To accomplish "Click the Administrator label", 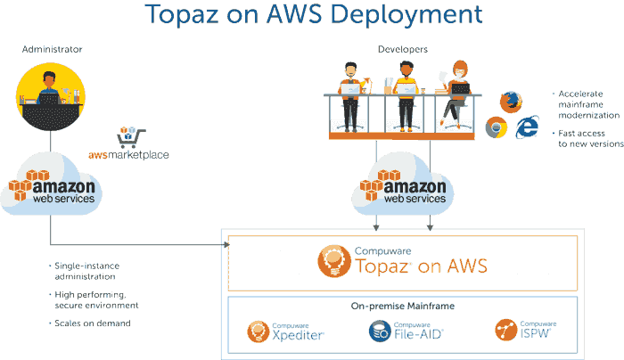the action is [52, 49].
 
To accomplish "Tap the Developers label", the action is [403, 49].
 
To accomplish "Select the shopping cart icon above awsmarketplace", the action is [131, 137].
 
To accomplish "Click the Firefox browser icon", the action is [511, 102].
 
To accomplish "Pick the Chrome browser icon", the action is [497, 127].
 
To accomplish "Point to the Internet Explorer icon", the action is [528, 127].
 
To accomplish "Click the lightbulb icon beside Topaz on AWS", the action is [334, 261].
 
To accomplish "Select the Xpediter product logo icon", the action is [259, 331].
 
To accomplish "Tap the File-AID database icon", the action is [380, 331].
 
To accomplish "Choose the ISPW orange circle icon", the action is [506, 330].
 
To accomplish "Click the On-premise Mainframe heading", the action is [403, 306].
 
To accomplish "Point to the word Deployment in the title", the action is [406, 15].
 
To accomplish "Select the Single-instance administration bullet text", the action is [86, 271].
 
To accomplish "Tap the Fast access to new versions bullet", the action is [590, 138].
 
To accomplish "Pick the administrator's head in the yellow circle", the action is [49, 80].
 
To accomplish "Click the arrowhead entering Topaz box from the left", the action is [226, 245].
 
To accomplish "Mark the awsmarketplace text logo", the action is [128, 154].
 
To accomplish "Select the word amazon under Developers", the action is [415, 186].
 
